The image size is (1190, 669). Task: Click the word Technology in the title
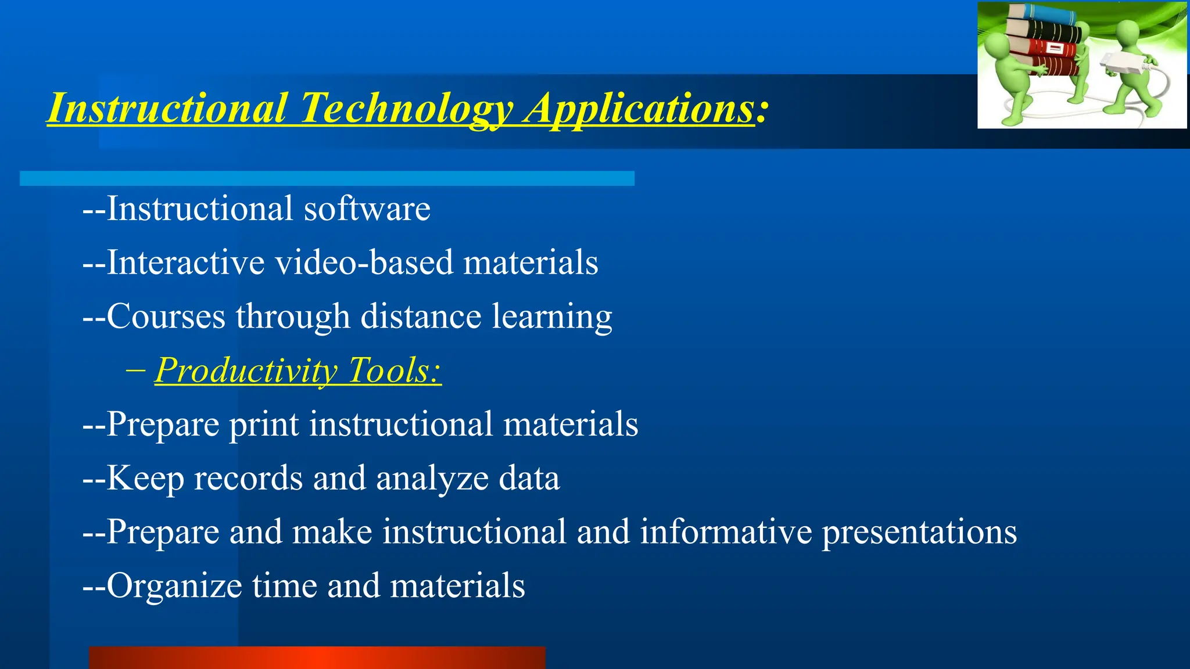point(406,109)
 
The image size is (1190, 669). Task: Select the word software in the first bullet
point(367,209)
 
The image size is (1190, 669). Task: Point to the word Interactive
point(185,262)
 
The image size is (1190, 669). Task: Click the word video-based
point(364,262)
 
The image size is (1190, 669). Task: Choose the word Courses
point(166,316)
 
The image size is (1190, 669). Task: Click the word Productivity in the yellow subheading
point(246,371)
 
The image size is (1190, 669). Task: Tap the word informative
point(726,532)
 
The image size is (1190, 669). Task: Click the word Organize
point(174,586)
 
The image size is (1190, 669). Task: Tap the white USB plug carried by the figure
point(1119,63)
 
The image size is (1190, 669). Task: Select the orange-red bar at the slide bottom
point(317,657)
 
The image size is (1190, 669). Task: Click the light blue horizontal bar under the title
point(327,178)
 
